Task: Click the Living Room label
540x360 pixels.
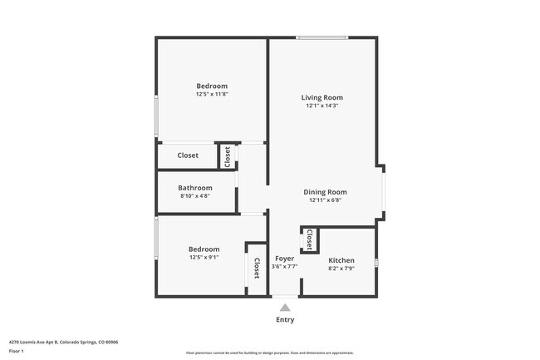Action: [x=322, y=97]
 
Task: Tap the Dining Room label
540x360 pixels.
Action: [x=325, y=191]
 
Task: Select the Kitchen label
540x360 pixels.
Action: [x=341, y=260]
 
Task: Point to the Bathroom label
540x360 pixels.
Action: [x=196, y=188]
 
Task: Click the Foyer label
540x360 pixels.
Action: [x=284, y=259]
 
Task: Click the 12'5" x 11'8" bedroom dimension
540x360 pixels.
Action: [x=212, y=94]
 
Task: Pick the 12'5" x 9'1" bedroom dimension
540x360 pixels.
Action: [x=204, y=258]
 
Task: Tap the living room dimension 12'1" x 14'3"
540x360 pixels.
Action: [x=322, y=106]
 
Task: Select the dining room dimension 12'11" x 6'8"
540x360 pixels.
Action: [x=325, y=200]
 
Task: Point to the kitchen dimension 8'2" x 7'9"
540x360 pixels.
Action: [x=341, y=269]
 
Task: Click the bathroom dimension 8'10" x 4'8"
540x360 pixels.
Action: [x=195, y=196]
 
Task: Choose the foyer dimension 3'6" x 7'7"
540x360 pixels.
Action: [x=284, y=267]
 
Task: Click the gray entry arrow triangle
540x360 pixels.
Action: [x=284, y=308]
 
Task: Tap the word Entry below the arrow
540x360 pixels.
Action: [x=284, y=319]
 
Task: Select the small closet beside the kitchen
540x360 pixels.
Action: [x=309, y=240]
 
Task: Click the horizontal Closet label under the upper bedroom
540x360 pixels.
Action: [x=188, y=155]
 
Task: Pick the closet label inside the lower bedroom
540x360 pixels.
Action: [x=257, y=268]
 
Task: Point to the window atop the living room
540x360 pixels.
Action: [x=322, y=37]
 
